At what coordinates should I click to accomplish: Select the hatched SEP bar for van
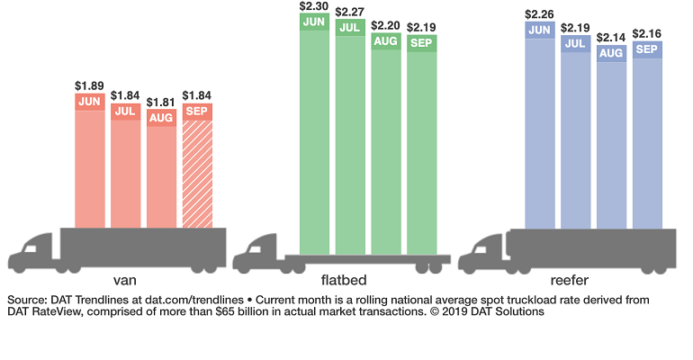pyautogui.click(x=198, y=171)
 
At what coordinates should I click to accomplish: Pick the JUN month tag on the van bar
pyautogui.click(x=90, y=102)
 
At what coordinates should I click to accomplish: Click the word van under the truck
pyautogui.click(x=126, y=280)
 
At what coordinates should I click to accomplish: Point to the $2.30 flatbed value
pyautogui.click(x=315, y=5)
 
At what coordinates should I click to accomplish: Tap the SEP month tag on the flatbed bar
pyautogui.click(x=421, y=43)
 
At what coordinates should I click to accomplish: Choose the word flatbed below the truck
pyautogui.click(x=350, y=280)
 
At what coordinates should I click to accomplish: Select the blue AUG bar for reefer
pyautogui.click(x=611, y=144)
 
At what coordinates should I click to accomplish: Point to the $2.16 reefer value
pyautogui.click(x=647, y=33)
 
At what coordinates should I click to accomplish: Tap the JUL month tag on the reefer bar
pyautogui.click(x=576, y=43)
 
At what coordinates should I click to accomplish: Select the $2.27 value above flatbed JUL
pyautogui.click(x=350, y=13)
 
